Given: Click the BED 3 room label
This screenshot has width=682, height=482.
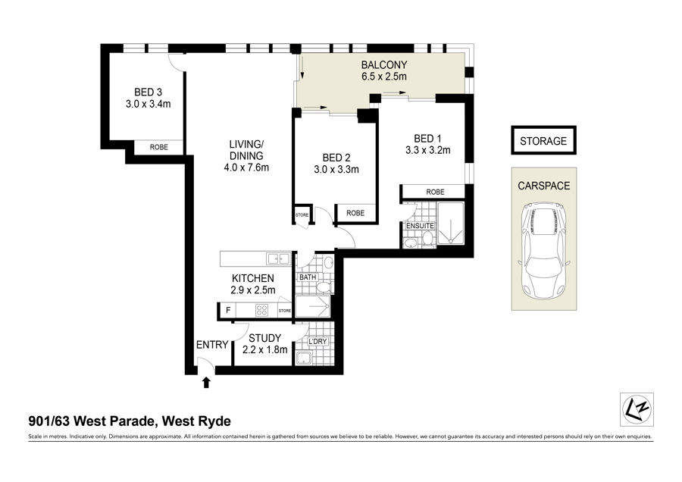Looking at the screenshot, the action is tap(148, 92).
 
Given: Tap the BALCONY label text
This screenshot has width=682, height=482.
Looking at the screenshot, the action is tap(384, 65).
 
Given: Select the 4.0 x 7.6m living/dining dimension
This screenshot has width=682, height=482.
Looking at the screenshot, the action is tap(246, 167).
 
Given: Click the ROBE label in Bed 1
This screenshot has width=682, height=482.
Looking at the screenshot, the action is tap(435, 192).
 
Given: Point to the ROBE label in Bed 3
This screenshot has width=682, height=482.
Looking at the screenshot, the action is tap(159, 148).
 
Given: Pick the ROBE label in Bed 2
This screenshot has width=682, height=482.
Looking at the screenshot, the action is tap(355, 213).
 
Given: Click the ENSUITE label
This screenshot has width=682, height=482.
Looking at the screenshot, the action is tap(420, 226).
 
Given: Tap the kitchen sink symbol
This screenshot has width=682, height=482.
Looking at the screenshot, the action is tap(278, 259).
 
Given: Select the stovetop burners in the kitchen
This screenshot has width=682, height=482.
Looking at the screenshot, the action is tap(262, 310).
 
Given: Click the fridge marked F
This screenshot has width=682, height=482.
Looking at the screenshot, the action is tap(228, 311).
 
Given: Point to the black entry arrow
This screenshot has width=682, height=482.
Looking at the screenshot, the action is tap(206, 383).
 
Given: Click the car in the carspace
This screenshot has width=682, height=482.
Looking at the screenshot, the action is tap(543, 250).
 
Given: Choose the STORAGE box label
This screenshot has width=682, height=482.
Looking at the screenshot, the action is tap(543, 141).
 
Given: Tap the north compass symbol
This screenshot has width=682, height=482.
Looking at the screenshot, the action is tap(637, 409).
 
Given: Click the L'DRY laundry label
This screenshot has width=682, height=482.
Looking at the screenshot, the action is tap(318, 342).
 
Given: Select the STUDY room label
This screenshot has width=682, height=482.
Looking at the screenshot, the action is tap(265, 338).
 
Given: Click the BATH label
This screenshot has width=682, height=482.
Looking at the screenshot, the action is tap(308, 277).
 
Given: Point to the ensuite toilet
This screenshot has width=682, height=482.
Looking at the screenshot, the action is tap(427, 239).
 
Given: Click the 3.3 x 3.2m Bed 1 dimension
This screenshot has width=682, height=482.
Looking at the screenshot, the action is tap(427, 151).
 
